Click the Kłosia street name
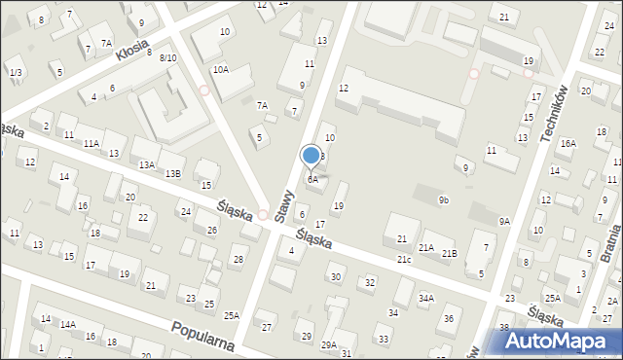pyautogui.click(x=131, y=51)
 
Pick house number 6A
pyautogui.click(x=312, y=179)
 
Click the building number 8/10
pyautogui.click(x=167, y=58)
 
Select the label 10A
pyautogui.click(x=221, y=70)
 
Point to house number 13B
pyautogui.click(x=172, y=173)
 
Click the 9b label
pyautogui.click(x=444, y=200)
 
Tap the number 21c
pyautogui.click(x=403, y=260)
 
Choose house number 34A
pyautogui.click(x=426, y=298)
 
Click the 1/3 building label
pyautogui.click(x=15, y=73)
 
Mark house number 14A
pyautogui.click(x=68, y=325)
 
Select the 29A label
pyautogui.click(x=330, y=344)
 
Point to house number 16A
pyautogui.click(x=568, y=144)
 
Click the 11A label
pyautogui.click(x=91, y=143)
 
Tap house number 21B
pyautogui.click(x=449, y=254)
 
